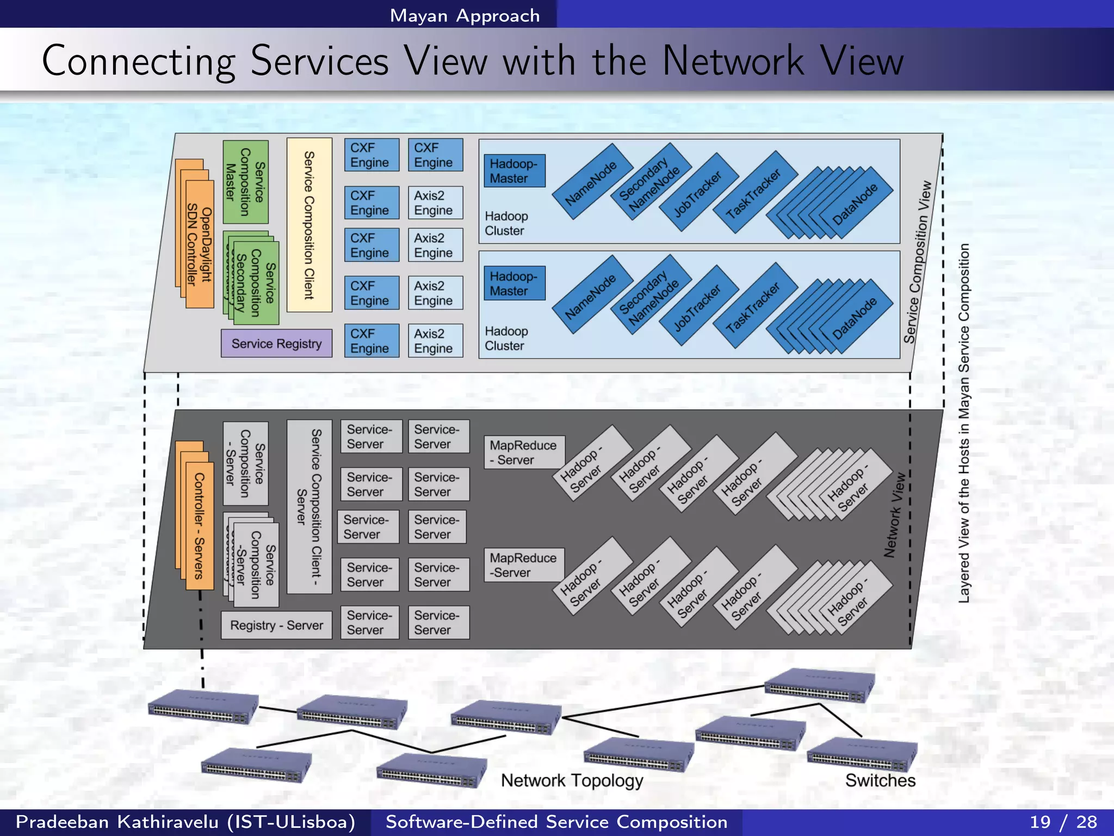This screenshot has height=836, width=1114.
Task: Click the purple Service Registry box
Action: point(276,343)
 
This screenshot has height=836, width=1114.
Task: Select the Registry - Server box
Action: point(276,625)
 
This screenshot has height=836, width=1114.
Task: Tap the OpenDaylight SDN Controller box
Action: point(199,245)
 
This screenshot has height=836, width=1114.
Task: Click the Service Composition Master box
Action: point(245,182)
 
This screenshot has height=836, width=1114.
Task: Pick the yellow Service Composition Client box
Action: point(309,225)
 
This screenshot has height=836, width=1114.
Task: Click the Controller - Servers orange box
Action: point(199,526)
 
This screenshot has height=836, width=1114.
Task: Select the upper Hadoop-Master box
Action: point(513,171)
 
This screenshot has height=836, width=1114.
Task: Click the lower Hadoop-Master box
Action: point(513,284)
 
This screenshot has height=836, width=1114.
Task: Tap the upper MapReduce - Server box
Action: point(523,452)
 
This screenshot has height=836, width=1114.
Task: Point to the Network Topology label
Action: point(572,780)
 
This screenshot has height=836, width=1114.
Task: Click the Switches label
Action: point(880,780)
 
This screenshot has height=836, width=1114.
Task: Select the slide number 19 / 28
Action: point(1063,822)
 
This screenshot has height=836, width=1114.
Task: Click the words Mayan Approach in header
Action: point(465,16)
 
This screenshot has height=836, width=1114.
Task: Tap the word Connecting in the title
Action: point(139,61)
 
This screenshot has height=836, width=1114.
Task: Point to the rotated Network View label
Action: point(894,515)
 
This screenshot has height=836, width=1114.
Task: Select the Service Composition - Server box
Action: point(245,464)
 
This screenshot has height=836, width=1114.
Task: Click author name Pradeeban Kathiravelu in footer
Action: point(185,822)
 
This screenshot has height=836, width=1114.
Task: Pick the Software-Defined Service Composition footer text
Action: point(556,822)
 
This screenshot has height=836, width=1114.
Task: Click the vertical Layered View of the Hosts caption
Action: point(964,423)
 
